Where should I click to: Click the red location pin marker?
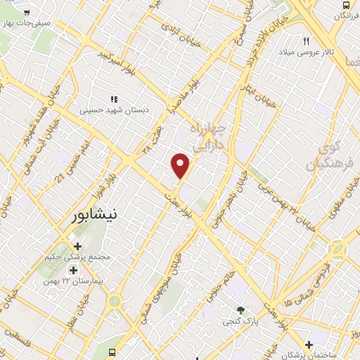[181, 165]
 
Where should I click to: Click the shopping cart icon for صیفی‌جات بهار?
[26, 12]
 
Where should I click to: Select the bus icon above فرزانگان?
[345, 4]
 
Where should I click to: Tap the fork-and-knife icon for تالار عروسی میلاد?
[307, 41]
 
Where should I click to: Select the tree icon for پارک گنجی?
[242, 310]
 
